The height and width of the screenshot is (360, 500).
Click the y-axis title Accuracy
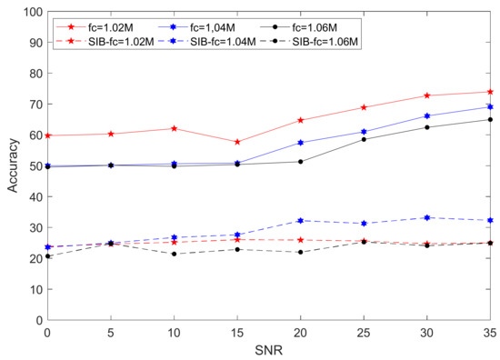(13, 165)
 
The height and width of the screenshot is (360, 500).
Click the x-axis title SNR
(269, 350)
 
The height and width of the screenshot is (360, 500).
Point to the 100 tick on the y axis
(33, 12)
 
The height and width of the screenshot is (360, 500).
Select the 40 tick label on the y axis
(35, 197)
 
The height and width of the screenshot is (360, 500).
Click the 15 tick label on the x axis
(237, 334)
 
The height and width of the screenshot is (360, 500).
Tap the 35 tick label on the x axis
(490, 334)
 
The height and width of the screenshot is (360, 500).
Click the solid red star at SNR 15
(237, 142)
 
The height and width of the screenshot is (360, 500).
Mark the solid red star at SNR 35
(490, 92)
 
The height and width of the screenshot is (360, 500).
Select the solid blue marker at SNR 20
(300, 143)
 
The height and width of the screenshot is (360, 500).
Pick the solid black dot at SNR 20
(300, 162)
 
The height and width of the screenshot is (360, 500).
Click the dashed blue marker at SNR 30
(427, 217)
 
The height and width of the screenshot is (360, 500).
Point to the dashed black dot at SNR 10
(175, 254)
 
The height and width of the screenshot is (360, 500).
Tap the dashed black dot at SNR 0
(48, 256)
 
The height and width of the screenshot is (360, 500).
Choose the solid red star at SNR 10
(175, 128)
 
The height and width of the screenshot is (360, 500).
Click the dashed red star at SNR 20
(300, 240)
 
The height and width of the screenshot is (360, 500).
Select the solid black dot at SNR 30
(427, 127)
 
